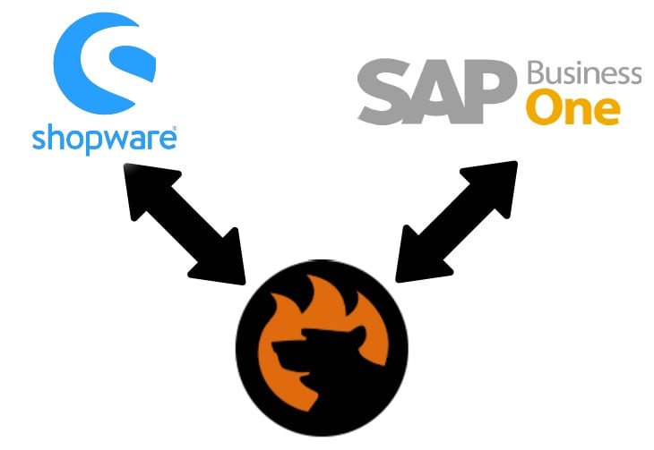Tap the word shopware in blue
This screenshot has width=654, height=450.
pyautogui.click(x=104, y=140)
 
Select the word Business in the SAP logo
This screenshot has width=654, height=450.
pyautogui.click(x=584, y=73)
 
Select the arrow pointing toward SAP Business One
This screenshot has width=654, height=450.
pyautogui.click(x=457, y=222)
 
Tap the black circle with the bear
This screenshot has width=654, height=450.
pyautogui.click(x=322, y=348)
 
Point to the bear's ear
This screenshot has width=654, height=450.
pyautogui.click(x=357, y=332)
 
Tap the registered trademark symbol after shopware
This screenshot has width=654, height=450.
pyautogui.click(x=174, y=128)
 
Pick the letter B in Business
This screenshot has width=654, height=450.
pyautogui.click(x=536, y=73)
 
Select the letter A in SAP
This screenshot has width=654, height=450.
pyautogui.click(x=436, y=91)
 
